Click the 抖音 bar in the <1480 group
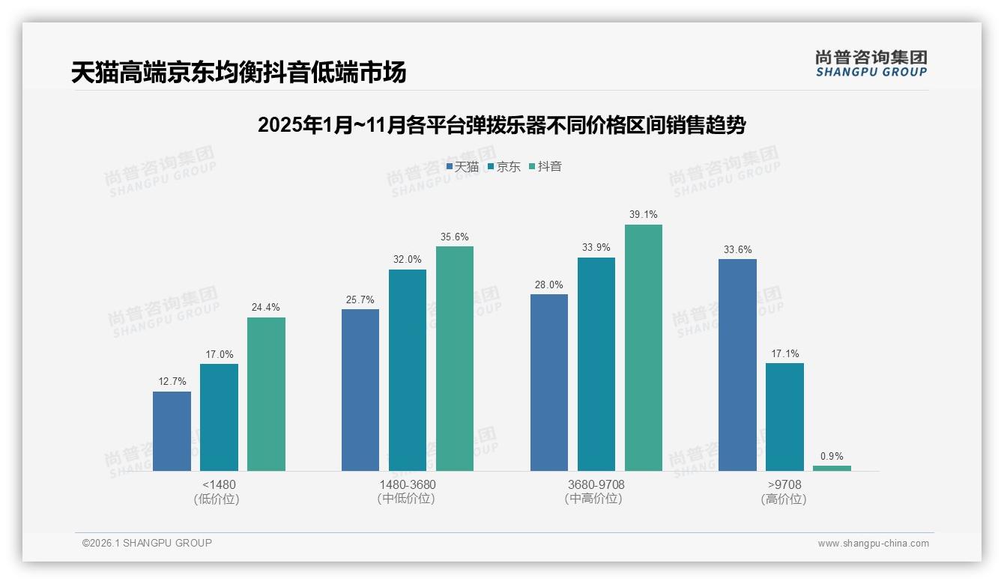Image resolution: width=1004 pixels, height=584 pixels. coord(266,394)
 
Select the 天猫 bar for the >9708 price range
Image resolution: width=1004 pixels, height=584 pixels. coord(737,365)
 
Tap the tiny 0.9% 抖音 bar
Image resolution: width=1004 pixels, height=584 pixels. coord(832,468)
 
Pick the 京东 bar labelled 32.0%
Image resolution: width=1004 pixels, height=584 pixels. coord(408,370)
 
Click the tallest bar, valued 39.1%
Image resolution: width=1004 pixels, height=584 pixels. coord(644,347)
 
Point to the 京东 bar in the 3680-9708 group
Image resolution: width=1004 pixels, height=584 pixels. coord(596,364)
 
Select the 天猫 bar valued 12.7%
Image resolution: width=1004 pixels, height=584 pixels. coord(172,431)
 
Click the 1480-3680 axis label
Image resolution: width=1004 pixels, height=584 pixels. coord(407,484)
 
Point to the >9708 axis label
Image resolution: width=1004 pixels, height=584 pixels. coord(784,484)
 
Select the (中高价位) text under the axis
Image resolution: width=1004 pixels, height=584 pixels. coord(596,499)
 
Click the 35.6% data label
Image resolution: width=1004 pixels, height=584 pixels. coord(455,237)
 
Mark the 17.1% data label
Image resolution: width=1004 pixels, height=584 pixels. coord(784,354)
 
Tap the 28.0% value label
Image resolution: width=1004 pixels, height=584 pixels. coord(549,285)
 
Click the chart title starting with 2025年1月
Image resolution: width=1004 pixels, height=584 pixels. coord(501,125)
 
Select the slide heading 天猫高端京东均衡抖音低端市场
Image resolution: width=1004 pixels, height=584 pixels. coord(238,73)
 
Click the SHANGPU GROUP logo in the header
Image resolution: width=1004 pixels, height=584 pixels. coord(871,64)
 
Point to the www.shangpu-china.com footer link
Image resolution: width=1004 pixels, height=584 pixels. coord(873,544)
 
